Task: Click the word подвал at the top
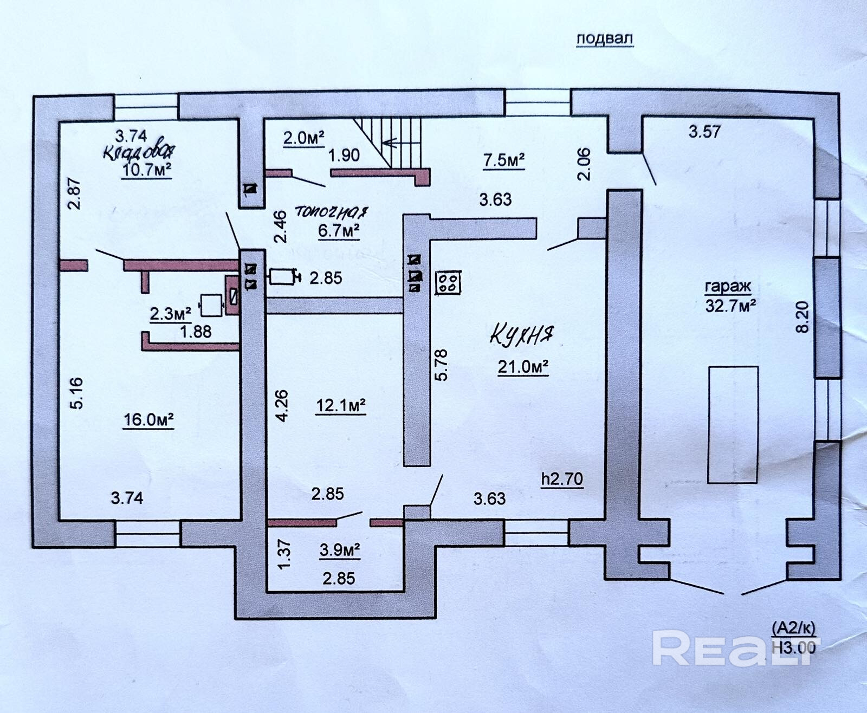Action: [x=604, y=38]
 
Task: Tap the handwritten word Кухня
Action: [x=523, y=335]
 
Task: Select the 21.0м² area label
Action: [x=523, y=367]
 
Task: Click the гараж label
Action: [x=728, y=287]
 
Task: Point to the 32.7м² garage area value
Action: [x=730, y=306]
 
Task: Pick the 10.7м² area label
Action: [x=147, y=170]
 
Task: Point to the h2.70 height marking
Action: [x=562, y=478]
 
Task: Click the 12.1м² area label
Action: [x=340, y=405]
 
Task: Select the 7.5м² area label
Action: [x=504, y=160]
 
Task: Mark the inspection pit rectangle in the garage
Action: [x=733, y=424]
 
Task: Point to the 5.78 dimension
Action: [x=442, y=365]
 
